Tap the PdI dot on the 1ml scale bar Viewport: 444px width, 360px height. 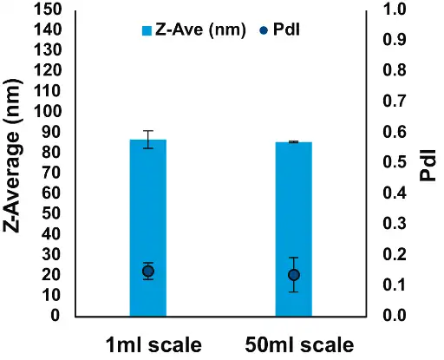[148, 272]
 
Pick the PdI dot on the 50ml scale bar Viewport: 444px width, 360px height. [294, 275]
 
